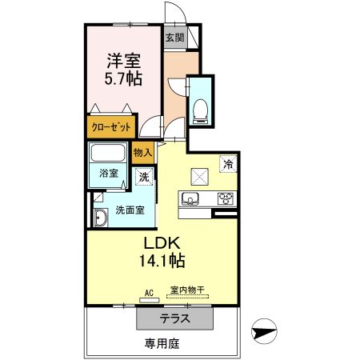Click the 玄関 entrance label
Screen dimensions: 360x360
click(174, 37)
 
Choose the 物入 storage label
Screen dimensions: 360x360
click(143, 151)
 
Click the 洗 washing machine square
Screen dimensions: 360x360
click(144, 177)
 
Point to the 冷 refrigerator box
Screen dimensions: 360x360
click(229, 163)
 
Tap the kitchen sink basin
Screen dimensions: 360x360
click(190, 200)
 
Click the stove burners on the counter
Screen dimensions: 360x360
click(226, 200)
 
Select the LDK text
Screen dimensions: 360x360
click(165, 242)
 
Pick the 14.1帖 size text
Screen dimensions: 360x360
click(166, 262)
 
